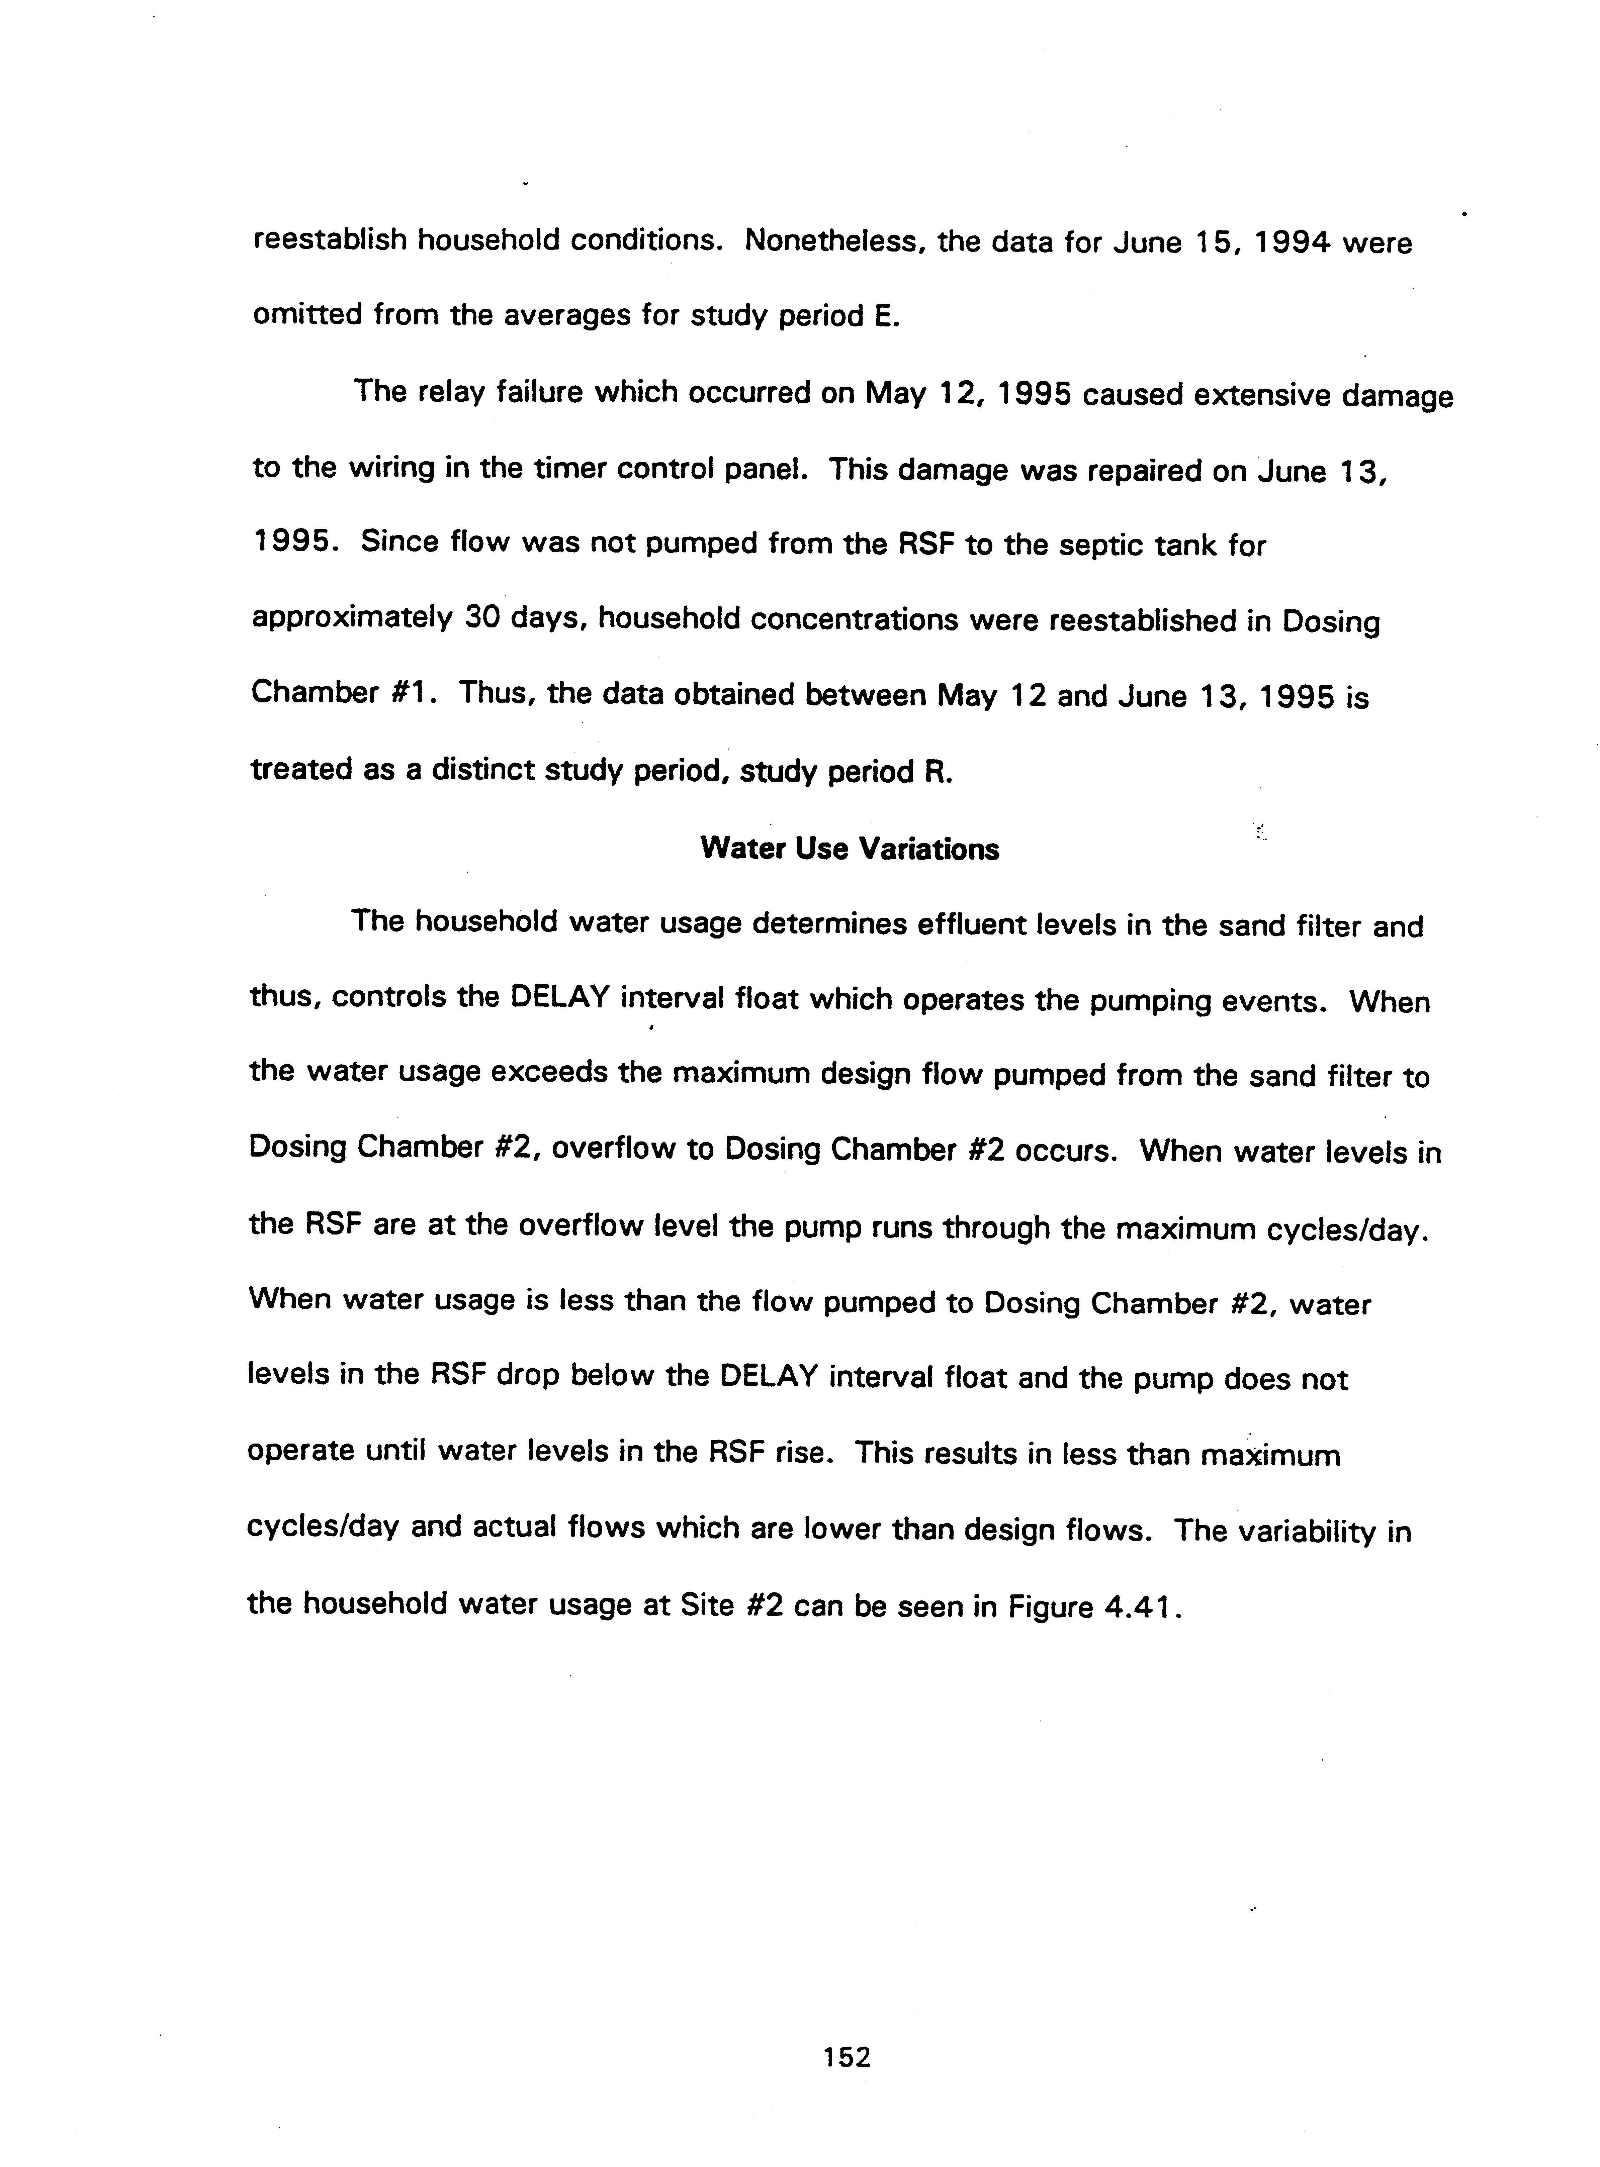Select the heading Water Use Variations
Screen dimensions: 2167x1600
point(850,849)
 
